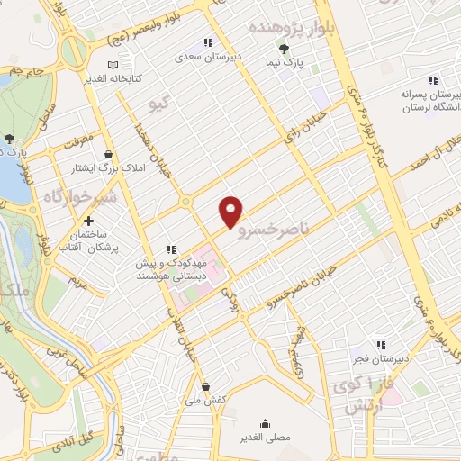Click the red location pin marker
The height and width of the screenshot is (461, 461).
click(231, 211)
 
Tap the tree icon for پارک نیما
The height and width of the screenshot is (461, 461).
click(285, 50)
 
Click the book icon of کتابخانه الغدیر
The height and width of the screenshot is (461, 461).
click(113, 65)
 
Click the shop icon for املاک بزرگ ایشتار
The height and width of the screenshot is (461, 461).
click(109, 154)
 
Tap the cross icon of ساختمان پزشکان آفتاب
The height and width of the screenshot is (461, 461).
click(88, 221)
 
